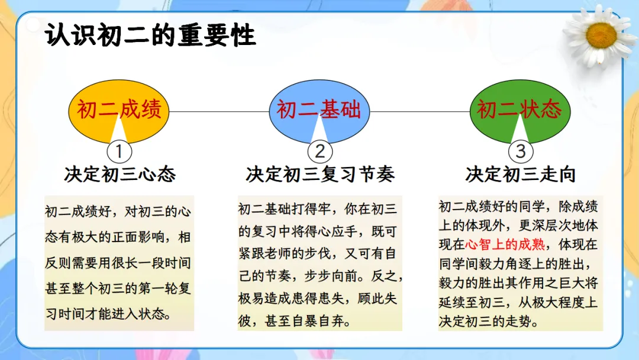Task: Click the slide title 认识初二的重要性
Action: click(150, 36)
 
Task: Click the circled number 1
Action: click(119, 152)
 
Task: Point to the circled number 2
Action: click(320, 152)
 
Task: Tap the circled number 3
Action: click(521, 152)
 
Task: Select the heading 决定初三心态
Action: click(120, 175)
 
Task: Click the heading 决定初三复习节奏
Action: click(320, 175)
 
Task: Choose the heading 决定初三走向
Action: click(521, 175)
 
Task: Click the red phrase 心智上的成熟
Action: click(505, 244)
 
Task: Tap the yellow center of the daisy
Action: click(601, 36)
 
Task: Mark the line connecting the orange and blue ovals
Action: click(219, 111)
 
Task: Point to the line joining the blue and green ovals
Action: click(419, 111)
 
